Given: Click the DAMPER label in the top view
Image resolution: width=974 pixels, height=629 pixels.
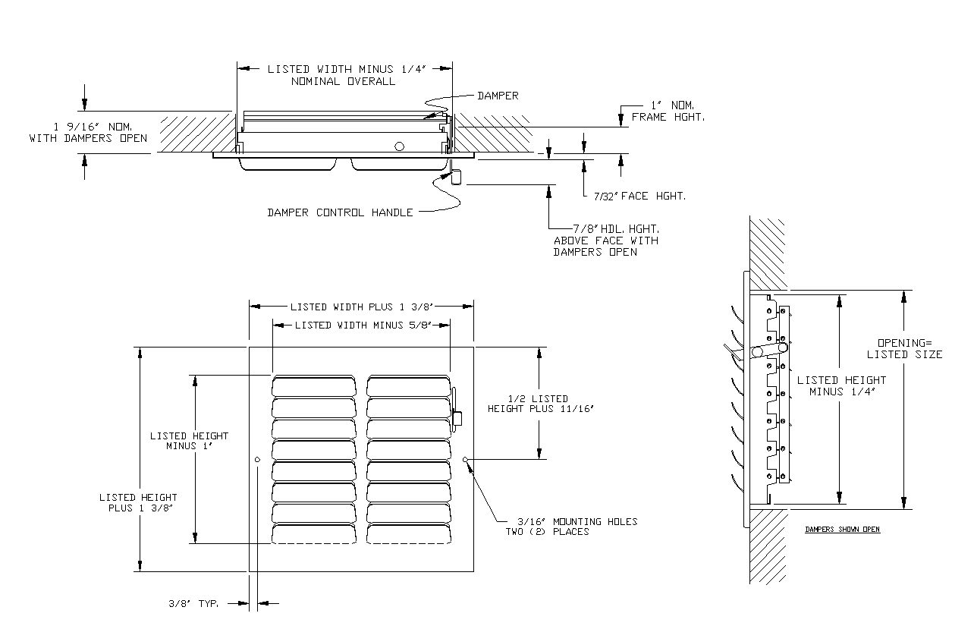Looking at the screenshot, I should [x=498, y=96].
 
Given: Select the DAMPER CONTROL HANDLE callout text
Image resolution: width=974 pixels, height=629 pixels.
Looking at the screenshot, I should [x=340, y=212].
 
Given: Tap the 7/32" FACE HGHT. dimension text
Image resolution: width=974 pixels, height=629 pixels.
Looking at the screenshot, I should [x=639, y=196].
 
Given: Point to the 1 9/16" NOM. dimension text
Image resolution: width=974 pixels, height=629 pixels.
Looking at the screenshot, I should [x=88, y=133].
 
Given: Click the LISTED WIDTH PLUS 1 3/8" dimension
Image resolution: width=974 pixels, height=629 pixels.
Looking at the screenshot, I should [x=361, y=307].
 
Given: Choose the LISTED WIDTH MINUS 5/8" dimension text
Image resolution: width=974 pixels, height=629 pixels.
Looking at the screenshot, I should [x=362, y=325].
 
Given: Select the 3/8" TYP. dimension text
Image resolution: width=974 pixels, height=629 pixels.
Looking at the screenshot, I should [x=193, y=604].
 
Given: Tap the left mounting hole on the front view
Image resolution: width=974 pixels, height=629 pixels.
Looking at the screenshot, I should [x=258, y=459].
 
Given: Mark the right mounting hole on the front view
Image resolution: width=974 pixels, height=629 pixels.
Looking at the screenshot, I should [x=465, y=459].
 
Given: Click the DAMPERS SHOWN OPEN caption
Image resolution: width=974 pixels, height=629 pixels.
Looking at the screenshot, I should [x=842, y=529].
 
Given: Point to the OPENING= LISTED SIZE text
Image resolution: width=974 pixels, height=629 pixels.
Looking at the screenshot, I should [x=904, y=348].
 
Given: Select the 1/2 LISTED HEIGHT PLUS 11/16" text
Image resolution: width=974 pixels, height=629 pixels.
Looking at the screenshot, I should [x=539, y=403].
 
